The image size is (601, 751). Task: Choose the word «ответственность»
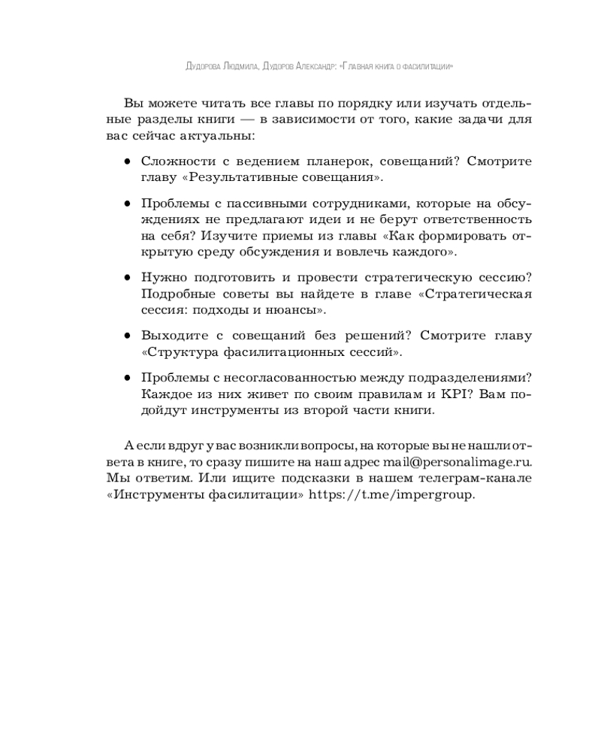[x=474, y=219]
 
